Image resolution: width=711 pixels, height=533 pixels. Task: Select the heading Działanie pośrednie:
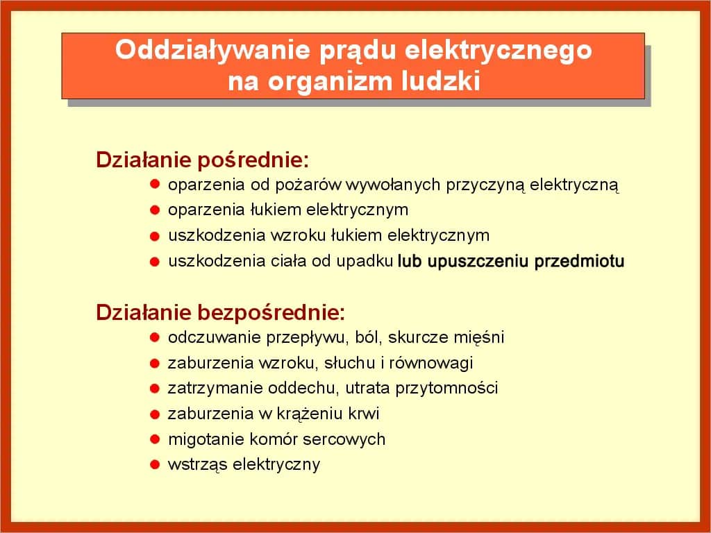[x=202, y=160]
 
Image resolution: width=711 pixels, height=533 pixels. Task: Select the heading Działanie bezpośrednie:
[x=220, y=312]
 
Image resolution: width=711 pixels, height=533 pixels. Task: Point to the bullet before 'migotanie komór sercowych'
[x=155, y=439]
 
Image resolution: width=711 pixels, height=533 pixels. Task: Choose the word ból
[x=368, y=338]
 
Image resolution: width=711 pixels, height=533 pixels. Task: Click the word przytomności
[x=446, y=389]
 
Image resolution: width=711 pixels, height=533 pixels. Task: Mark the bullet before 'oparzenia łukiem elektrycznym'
[x=155, y=210]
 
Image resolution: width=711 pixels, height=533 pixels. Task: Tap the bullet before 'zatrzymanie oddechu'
[x=155, y=388]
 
